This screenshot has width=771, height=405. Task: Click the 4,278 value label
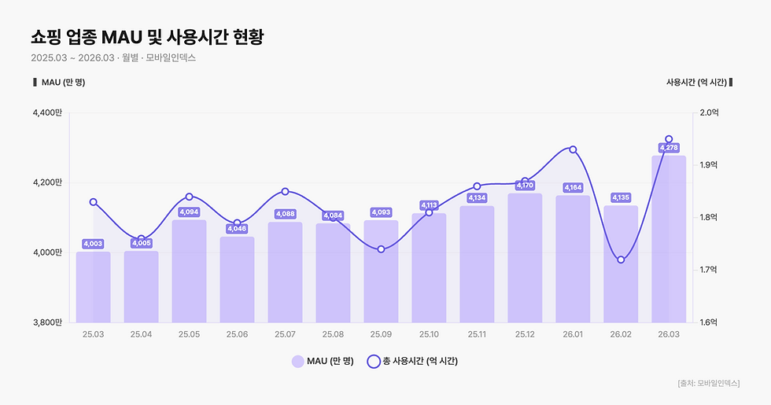[x=669, y=147]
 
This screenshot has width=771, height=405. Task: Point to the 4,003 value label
[x=93, y=244]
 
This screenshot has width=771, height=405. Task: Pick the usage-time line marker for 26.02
[x=621, y=260]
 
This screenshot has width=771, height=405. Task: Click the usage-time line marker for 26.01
[x=573, y=149]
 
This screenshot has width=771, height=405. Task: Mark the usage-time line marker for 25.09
[x=381, y=249]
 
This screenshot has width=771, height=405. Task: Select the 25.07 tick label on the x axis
[x=285, y=334]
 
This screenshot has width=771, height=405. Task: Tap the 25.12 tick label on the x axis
[x=525, y=334]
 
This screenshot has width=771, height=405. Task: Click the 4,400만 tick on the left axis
[x=47, y=113]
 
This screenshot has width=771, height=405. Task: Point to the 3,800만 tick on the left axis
[x=47, y=322]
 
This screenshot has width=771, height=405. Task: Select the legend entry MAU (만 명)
[x=323, y=362]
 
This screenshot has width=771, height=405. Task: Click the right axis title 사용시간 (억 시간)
[x=695, y=82]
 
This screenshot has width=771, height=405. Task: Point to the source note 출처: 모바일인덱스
[x=708, y=383]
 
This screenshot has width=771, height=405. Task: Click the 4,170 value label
[x=525, y=186]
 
